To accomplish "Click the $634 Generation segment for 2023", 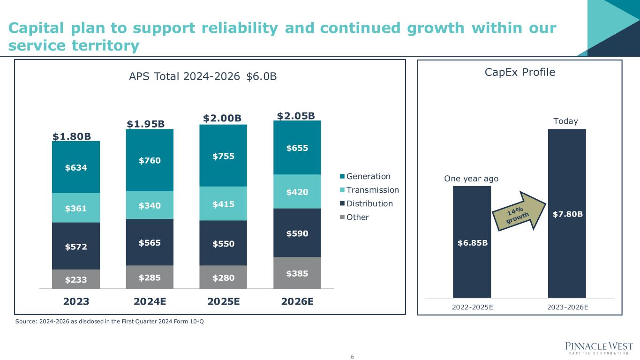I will pos(76,167).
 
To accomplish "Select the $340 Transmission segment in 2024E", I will pos(150,205).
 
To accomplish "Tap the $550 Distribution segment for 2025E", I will pos(223,243).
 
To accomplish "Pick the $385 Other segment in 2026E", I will pos(297,272).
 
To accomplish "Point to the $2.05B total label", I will pos(295,116).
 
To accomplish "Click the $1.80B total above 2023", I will pos(72,136).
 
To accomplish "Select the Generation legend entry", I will pos(368,176).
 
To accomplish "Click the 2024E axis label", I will pos(150,301).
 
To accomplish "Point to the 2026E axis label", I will pos(297,301).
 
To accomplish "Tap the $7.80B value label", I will pos(567,214).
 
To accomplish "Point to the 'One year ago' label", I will pos(471,179).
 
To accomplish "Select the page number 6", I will pos(352,357).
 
